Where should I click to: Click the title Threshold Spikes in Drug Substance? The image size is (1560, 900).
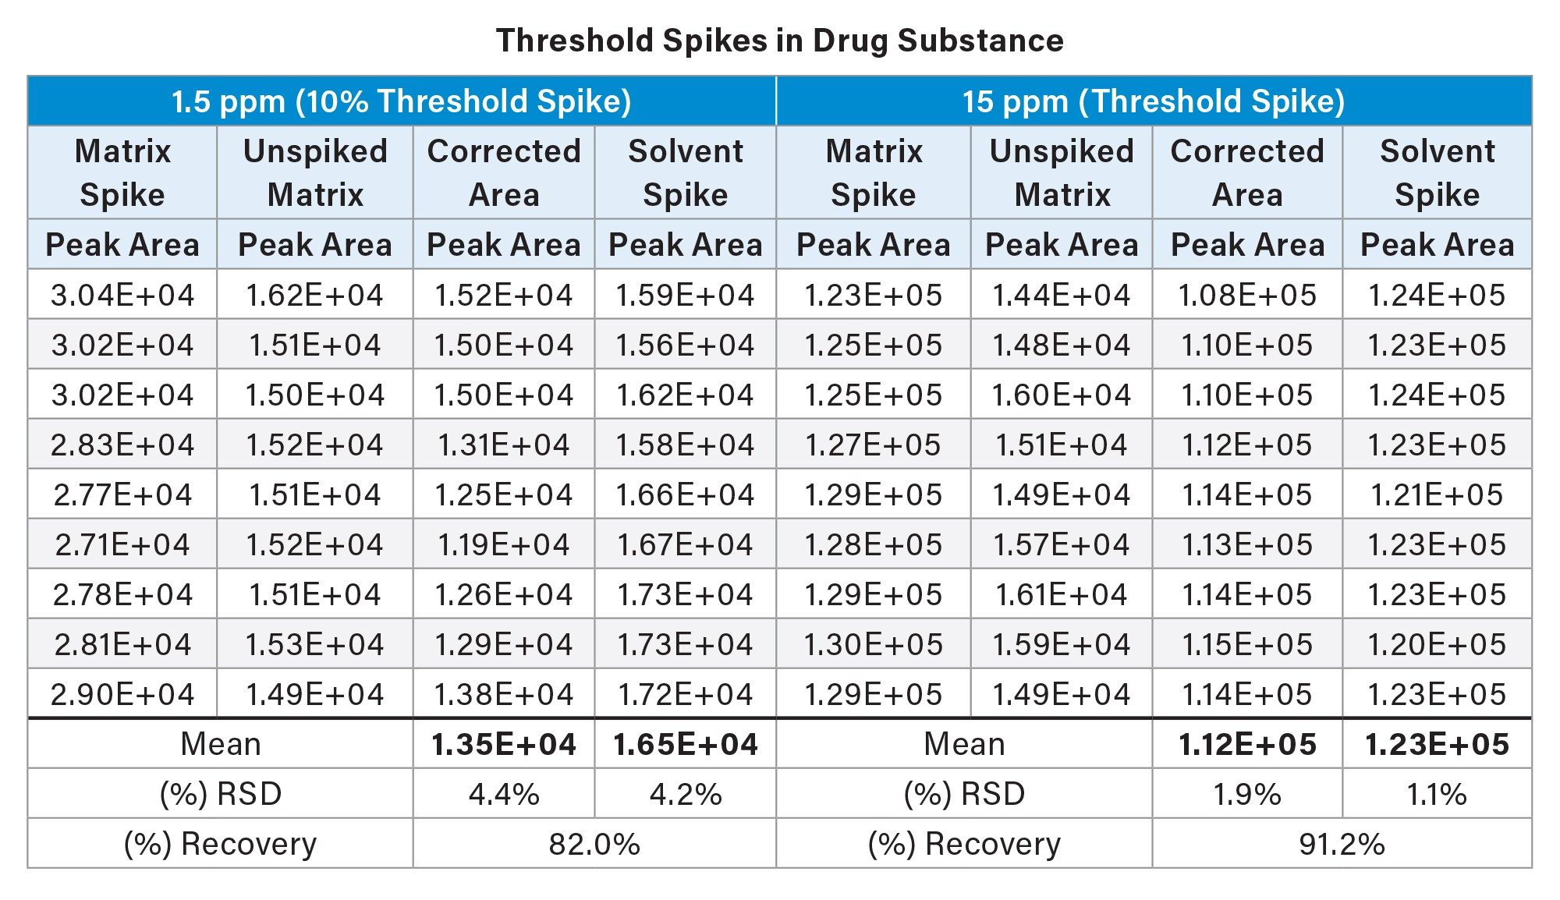point(779,41)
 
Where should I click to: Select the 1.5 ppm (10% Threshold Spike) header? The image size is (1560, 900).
point(401,101)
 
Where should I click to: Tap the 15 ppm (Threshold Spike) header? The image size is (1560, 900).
point(1153,101)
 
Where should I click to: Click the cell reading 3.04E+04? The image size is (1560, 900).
point(122,295)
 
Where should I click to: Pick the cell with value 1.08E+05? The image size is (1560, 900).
point(1246,295)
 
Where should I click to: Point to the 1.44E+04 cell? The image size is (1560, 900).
point(1061,295)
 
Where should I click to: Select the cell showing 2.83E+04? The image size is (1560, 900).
point(122,445)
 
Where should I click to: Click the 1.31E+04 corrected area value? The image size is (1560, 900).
point(503,445)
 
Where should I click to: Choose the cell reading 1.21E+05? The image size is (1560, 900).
point(1437,494)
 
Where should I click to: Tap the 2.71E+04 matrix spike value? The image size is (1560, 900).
point(122,544)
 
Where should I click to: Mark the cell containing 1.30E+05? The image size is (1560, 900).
point(873,644)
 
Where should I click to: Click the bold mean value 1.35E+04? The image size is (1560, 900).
point(503,744)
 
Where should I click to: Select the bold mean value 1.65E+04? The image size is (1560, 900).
point(685,744)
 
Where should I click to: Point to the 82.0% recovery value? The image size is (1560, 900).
point(594,844)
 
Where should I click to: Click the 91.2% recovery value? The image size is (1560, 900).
point(1342,844)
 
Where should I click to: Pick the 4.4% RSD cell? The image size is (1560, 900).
point(503,794)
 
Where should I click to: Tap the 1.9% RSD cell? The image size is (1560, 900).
point(1246,794)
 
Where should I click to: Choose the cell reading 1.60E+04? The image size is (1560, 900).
point(1061,395)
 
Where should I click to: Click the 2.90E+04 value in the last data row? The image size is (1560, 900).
point(122,694)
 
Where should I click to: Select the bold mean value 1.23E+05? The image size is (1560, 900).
point(1437,744)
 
